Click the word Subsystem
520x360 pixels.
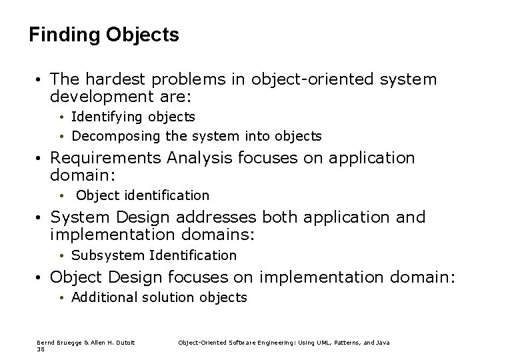tap(109, 255)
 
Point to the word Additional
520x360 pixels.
tap(103, 297)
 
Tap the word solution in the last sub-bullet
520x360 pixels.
tap(165, 297)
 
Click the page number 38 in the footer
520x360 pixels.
tap(41, 348)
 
